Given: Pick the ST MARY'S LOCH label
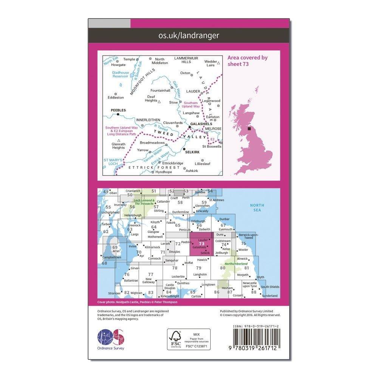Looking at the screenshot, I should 113,162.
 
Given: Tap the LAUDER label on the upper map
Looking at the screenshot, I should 193,91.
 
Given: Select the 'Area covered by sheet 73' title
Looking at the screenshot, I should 248,60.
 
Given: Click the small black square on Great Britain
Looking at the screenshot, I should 249,129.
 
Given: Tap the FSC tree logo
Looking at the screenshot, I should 175,339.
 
